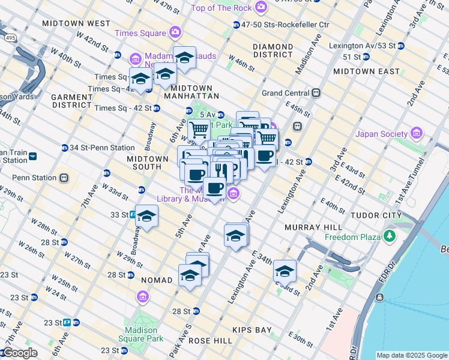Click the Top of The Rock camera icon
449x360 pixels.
(261, 8)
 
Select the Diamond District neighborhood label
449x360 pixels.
(273, 52)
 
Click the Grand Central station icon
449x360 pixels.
(316, 93)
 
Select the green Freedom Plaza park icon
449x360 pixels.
(391, 236)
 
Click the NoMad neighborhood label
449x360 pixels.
(157, 280)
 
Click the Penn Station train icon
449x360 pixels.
(64, 178)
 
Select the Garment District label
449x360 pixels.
(71, 101)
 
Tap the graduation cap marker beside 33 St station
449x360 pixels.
(146, 217)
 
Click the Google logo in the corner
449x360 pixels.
(19, 353)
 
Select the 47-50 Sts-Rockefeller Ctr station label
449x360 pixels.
(285, 25)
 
